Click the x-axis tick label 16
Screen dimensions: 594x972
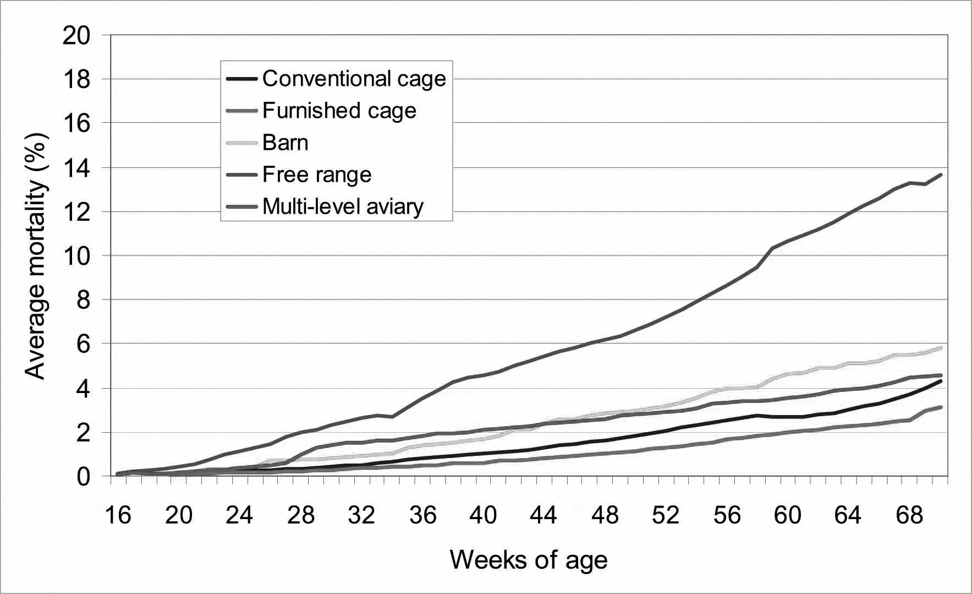(117, 516)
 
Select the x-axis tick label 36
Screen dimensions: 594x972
(422, 516)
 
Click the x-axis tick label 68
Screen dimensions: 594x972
(910, 516)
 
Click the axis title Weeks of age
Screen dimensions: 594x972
(529, 560)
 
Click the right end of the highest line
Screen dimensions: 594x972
(941, 175)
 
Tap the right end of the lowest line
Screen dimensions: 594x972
(941, 407)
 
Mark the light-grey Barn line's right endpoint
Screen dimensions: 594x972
(941, 347)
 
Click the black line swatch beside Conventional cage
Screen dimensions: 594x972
(242, 79)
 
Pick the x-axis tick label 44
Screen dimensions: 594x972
(545, 516)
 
